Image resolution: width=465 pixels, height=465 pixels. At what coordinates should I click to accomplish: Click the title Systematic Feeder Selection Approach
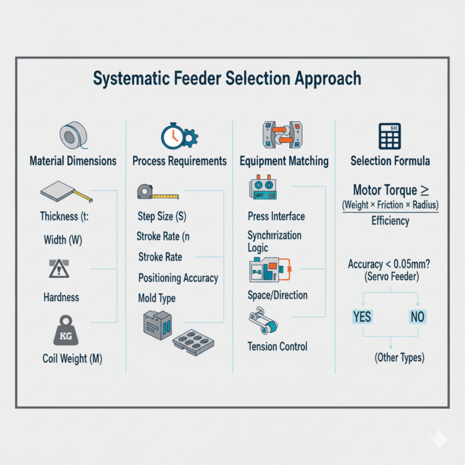tap(227, 79)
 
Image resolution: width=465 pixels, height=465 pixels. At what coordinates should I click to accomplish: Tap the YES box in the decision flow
tap(362, 317)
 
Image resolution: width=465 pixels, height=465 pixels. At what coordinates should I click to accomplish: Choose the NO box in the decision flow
tap(418, 317)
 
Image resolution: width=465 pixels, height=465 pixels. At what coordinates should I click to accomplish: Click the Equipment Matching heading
tap(284, 162)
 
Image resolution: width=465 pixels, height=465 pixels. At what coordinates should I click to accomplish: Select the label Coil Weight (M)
tap(72, 359)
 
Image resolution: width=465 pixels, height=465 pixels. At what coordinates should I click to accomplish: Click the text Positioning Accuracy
tap(178, 278)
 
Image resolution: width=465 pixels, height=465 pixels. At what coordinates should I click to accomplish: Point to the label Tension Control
tap(277, 347)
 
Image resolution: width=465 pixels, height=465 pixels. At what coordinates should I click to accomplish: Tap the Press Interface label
tap(276, 216)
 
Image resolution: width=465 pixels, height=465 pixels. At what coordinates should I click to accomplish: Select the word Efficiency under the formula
tap(390, 221)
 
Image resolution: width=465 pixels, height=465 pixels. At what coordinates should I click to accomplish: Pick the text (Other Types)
tap(391, 357)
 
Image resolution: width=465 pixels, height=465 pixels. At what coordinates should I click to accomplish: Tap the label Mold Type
tap(157, 298)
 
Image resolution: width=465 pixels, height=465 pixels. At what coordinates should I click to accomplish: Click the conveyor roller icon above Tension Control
tap(264, 322)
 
